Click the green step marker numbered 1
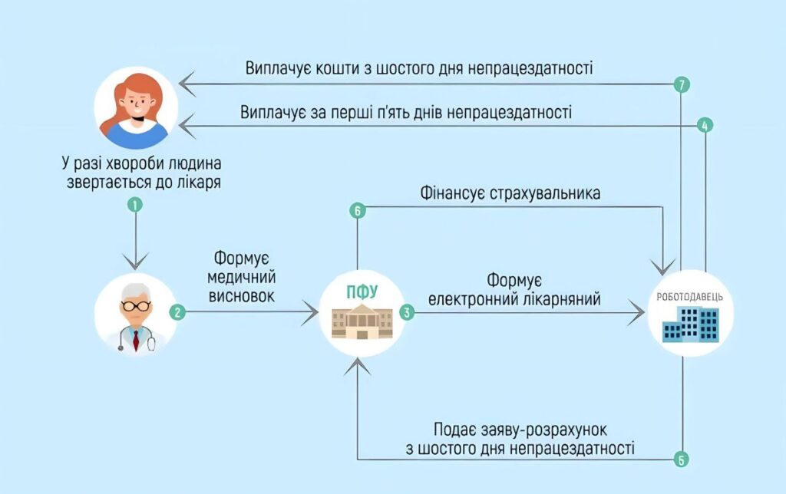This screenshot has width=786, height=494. point(135,205)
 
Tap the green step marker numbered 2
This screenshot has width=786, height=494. point(177,312)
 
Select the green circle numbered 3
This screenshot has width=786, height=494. point(406,312)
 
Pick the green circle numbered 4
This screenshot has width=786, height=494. point(705,125)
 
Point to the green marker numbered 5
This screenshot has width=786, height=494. point(681,460)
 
